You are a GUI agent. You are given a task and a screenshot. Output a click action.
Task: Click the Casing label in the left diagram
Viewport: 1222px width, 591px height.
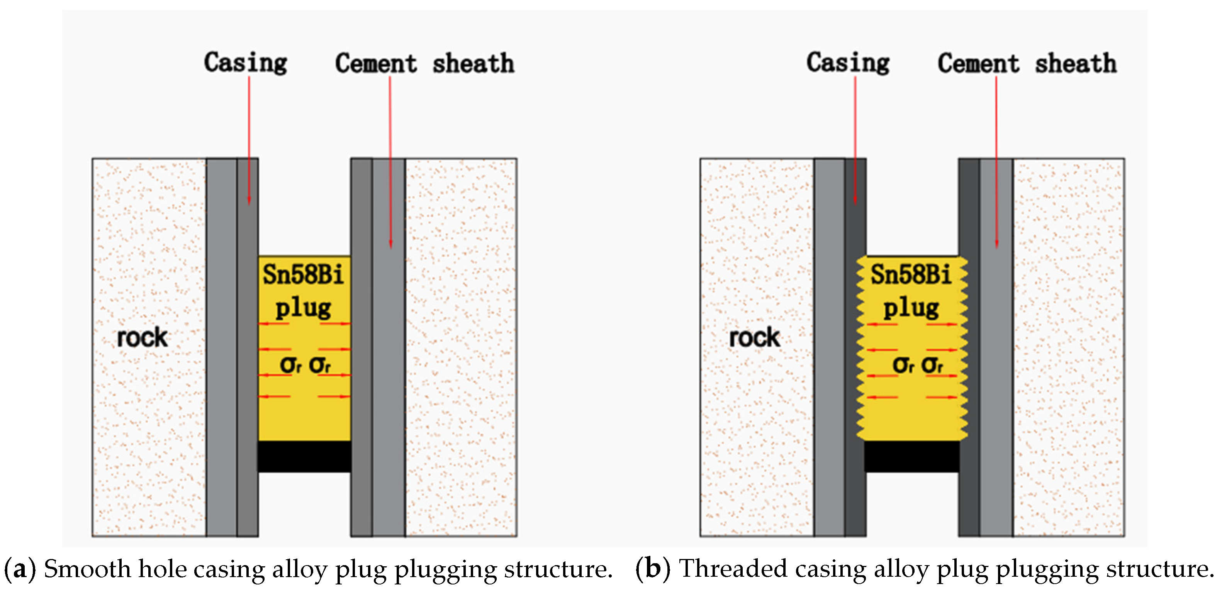click(x=245, y=63)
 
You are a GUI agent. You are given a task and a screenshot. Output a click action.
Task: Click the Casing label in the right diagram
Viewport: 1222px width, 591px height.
click(x=848, y=63)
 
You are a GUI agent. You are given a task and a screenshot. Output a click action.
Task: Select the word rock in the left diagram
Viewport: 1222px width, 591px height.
click(x=142, y=337)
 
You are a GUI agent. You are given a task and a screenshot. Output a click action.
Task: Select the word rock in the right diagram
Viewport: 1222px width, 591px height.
click(x=754, y=337)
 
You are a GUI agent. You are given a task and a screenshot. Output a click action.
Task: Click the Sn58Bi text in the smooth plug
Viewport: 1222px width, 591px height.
click(x=303, y=274)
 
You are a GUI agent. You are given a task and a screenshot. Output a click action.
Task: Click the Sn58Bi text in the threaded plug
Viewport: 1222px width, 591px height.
click(x=911, y=274)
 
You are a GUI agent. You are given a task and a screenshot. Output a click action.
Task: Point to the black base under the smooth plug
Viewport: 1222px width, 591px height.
click(x=304, y=456)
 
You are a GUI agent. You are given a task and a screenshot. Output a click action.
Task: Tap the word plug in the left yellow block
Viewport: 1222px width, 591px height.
click(x=303, y=308)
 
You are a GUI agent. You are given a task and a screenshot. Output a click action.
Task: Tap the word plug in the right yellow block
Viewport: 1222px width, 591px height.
click(x=911, y=308)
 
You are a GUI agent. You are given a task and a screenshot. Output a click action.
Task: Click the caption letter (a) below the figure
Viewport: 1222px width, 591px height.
click(x=20, y=569)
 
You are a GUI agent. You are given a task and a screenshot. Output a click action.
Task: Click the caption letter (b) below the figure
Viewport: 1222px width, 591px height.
click(x=653, y=569)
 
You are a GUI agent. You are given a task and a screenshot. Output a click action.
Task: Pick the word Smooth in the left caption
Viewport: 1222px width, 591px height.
click(x=87, y=569)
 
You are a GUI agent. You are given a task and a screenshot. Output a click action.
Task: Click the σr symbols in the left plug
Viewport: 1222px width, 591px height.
click(x=305, y=365)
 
